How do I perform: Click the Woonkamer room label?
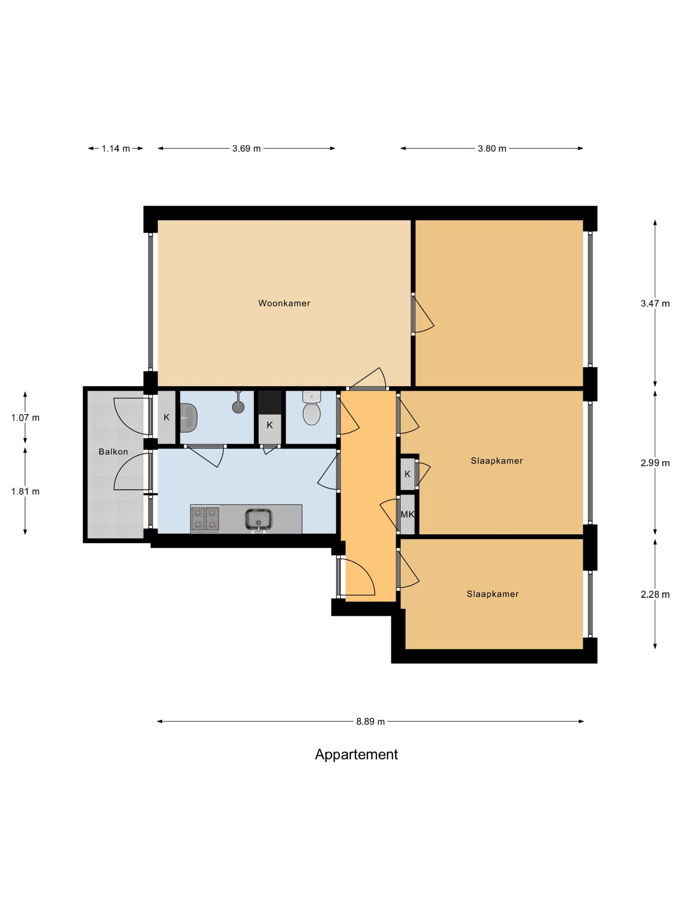coord(284,303)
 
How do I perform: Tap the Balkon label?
coord(113,452)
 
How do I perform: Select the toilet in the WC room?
coord(311,408)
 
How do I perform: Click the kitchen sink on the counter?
coord(259,519)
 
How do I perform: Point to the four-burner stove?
coord(205,519)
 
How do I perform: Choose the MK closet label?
coord(407,515)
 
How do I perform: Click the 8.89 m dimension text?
coord(371,721)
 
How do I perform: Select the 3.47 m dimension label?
coord(655,303)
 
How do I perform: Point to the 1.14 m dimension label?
coord(116,148)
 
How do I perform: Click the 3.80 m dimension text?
coord(492,148)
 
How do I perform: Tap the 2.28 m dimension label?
coord(655,594)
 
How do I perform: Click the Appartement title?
coord(356,754)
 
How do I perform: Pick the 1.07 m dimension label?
coord(25,417)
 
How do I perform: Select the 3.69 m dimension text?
coord(247,148)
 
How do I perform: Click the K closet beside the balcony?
coord(167,417)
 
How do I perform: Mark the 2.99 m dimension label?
coord(655,463)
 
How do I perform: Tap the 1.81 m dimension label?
coord(25,491)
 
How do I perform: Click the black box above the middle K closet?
coord(270,402)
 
